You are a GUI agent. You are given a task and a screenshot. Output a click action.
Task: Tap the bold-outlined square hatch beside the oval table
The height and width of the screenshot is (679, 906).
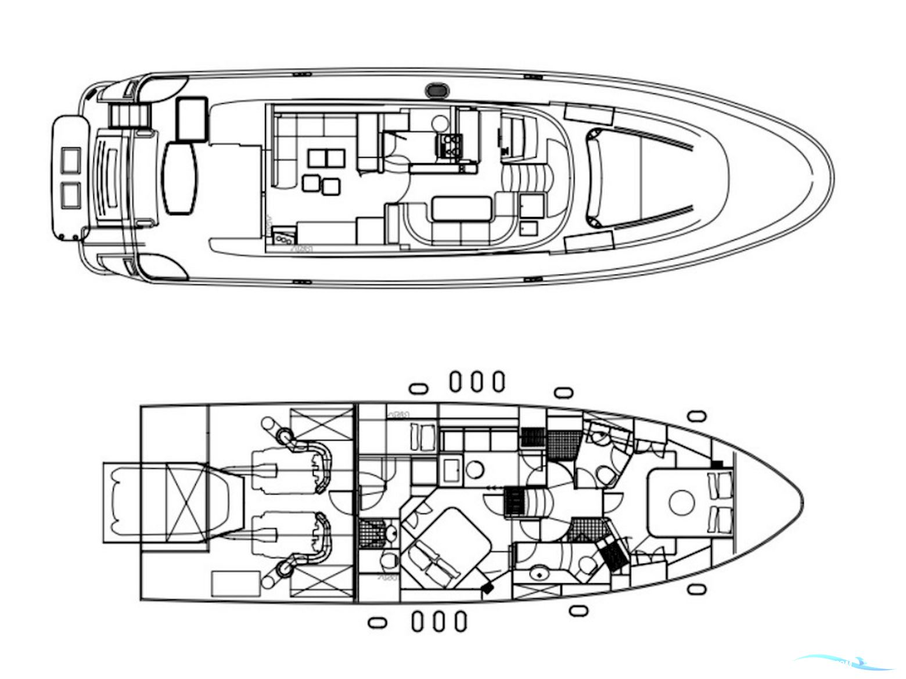point(192,118)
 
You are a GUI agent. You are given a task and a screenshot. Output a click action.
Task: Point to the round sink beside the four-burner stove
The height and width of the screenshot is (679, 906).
point(440,122)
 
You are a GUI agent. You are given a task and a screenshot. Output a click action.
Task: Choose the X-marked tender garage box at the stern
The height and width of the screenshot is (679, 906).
point(184,501)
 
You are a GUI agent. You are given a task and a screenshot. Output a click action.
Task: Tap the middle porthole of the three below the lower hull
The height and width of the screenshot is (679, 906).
point(439,621)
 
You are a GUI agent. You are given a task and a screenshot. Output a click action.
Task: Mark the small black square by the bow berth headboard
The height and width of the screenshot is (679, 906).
point(718,464)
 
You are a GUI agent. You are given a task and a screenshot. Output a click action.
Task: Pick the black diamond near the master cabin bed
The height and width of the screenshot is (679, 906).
point(487,588)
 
